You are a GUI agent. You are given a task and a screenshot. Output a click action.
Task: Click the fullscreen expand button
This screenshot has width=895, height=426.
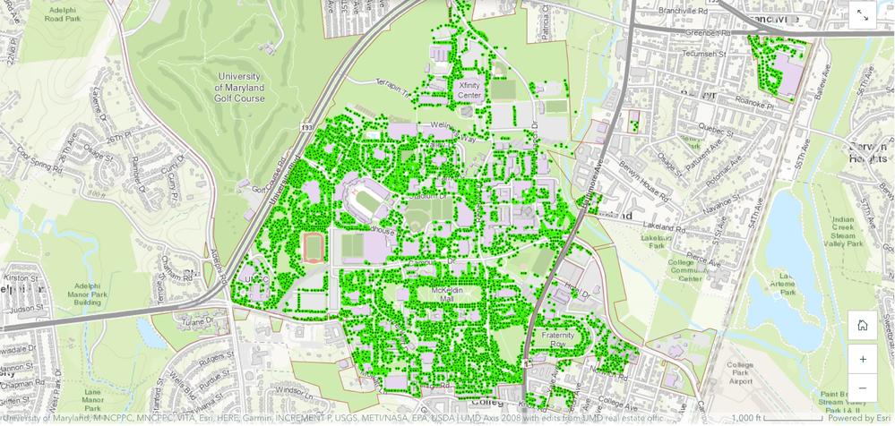[862, 15]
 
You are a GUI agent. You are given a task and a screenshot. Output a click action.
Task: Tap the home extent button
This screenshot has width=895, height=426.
[862, 325]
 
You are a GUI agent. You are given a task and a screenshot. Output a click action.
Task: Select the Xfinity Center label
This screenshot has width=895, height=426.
[469, 89]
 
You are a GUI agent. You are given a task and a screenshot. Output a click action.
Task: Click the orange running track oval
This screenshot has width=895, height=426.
[314, 247]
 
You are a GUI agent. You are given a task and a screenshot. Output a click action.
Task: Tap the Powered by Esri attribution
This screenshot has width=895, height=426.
[858, 418]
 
